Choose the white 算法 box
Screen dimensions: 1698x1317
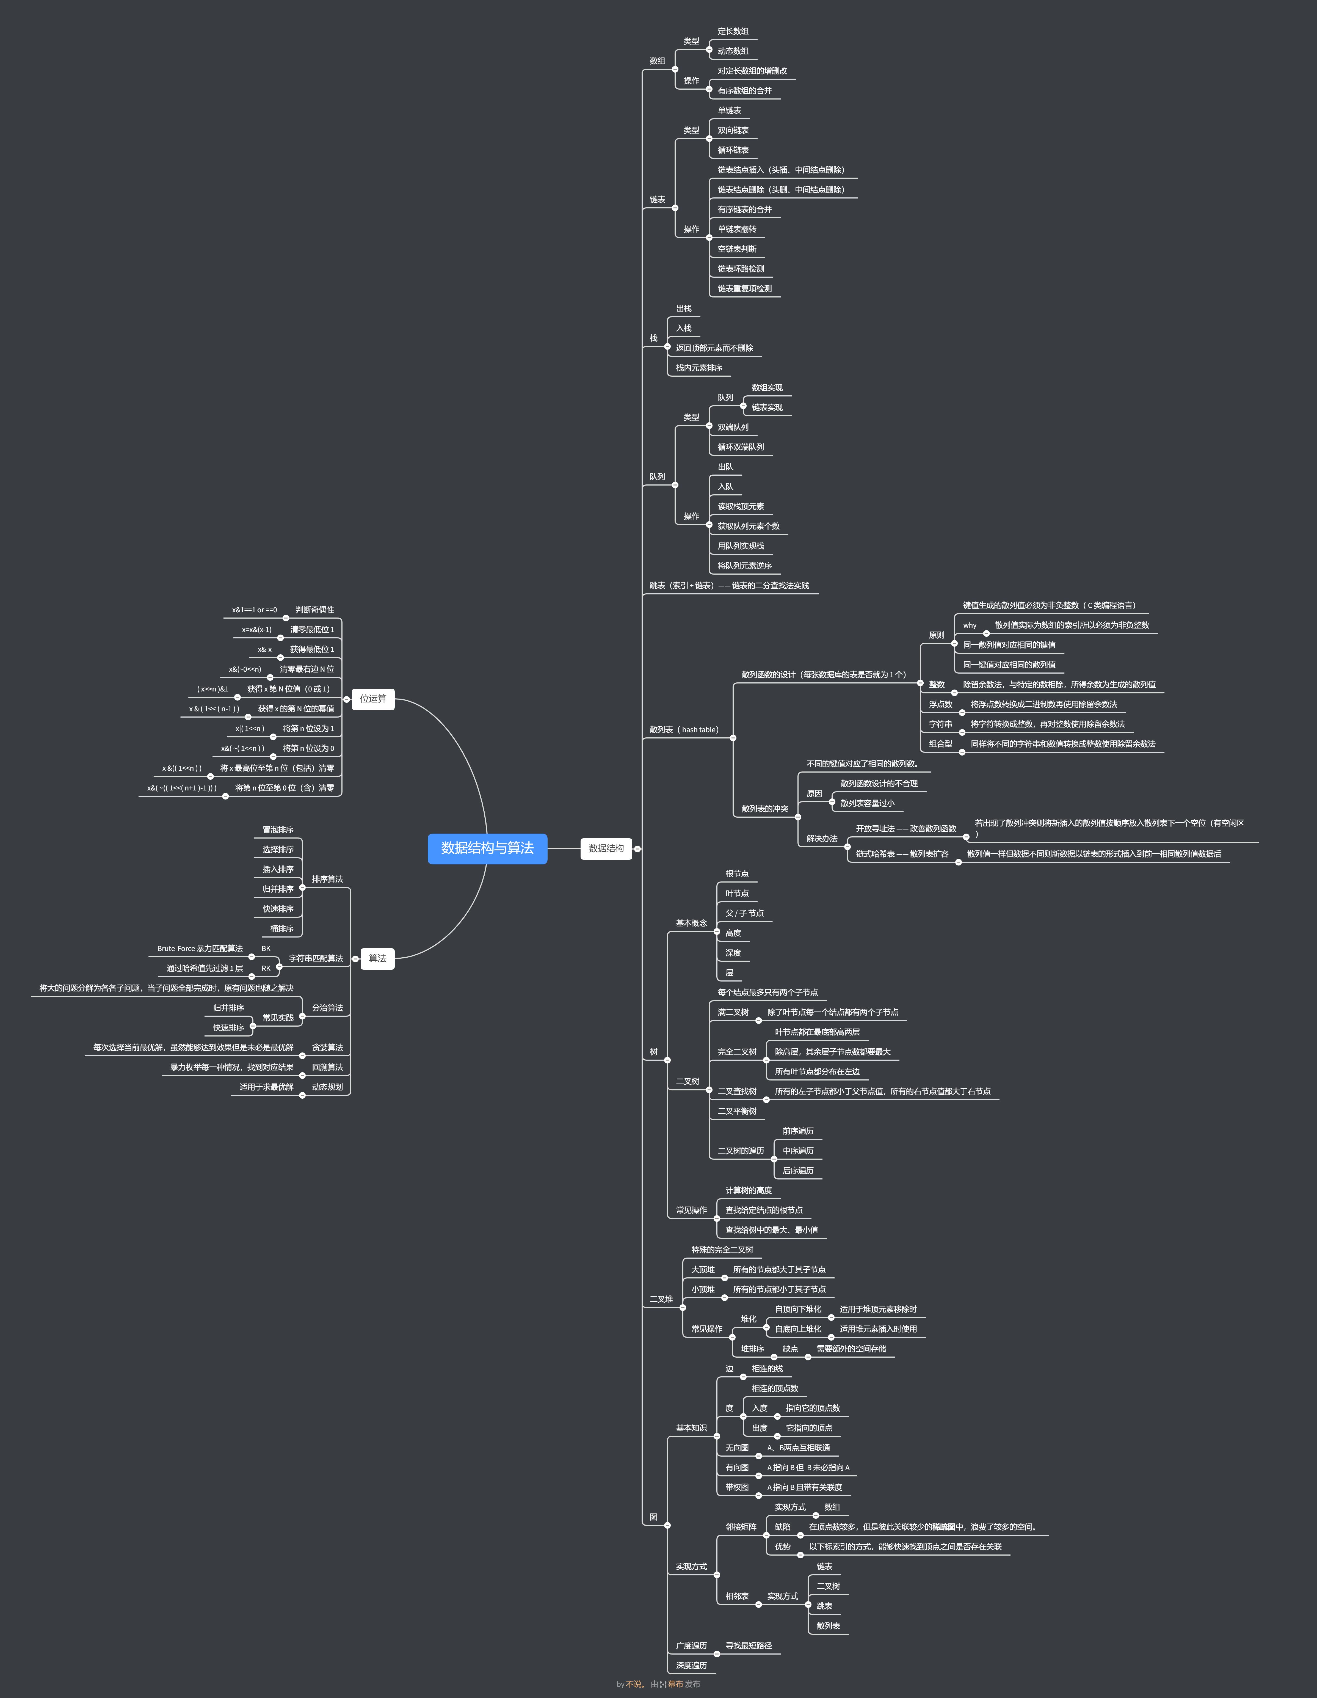[x=377, y=959]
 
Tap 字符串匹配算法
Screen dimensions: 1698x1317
[x=316, y=959]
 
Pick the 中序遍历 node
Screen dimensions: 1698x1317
[x=798, y=1151]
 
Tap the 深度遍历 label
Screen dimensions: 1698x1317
[x=691, y=1665]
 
